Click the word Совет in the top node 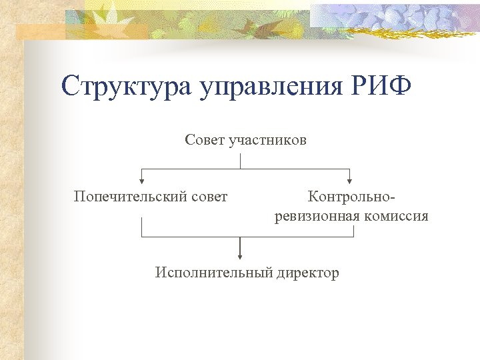click(205, 140)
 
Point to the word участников click(267, 140)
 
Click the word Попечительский click(127, 197)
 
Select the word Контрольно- click(351, 197)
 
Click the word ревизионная click(317, 217)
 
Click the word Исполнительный click(213, 273)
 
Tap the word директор click(307, 273)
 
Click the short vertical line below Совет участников click(240, 161)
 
